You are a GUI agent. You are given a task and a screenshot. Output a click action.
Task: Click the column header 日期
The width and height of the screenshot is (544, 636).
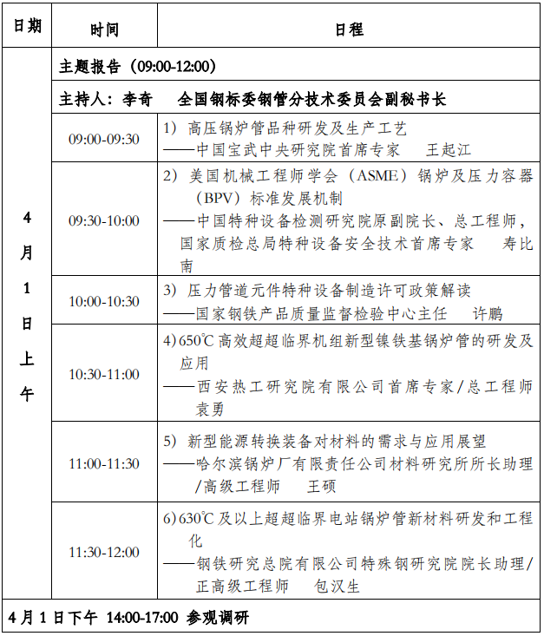[x=27, y=26]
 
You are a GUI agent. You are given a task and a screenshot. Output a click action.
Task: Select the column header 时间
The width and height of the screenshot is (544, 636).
[x=104, y=30]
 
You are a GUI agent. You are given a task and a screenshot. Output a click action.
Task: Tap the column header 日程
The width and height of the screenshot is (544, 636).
[x=349, y=30]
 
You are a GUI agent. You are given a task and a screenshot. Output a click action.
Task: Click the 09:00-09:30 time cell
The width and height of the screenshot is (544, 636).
[x=104, y=139]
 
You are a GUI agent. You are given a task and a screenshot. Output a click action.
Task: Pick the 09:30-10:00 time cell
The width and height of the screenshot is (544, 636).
[x=104, y=220]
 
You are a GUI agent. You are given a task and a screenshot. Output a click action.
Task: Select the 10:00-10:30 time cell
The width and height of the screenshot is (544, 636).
[x=104, y=301]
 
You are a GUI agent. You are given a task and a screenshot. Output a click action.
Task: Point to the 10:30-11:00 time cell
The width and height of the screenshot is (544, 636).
[x=104, y=374]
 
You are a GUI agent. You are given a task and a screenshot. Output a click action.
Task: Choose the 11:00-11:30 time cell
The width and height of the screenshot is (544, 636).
[x=104, y=463]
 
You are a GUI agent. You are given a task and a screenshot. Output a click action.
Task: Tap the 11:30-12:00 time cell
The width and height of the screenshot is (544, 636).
[x=104, y=552]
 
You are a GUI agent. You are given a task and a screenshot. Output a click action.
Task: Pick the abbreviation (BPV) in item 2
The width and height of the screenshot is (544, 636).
[x=213, y=199]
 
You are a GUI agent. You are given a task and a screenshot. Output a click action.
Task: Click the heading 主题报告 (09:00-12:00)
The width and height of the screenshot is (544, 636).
[x=138, y=67]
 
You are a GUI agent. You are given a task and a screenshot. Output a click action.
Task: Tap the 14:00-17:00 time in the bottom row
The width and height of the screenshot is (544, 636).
[x=142, y=618]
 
